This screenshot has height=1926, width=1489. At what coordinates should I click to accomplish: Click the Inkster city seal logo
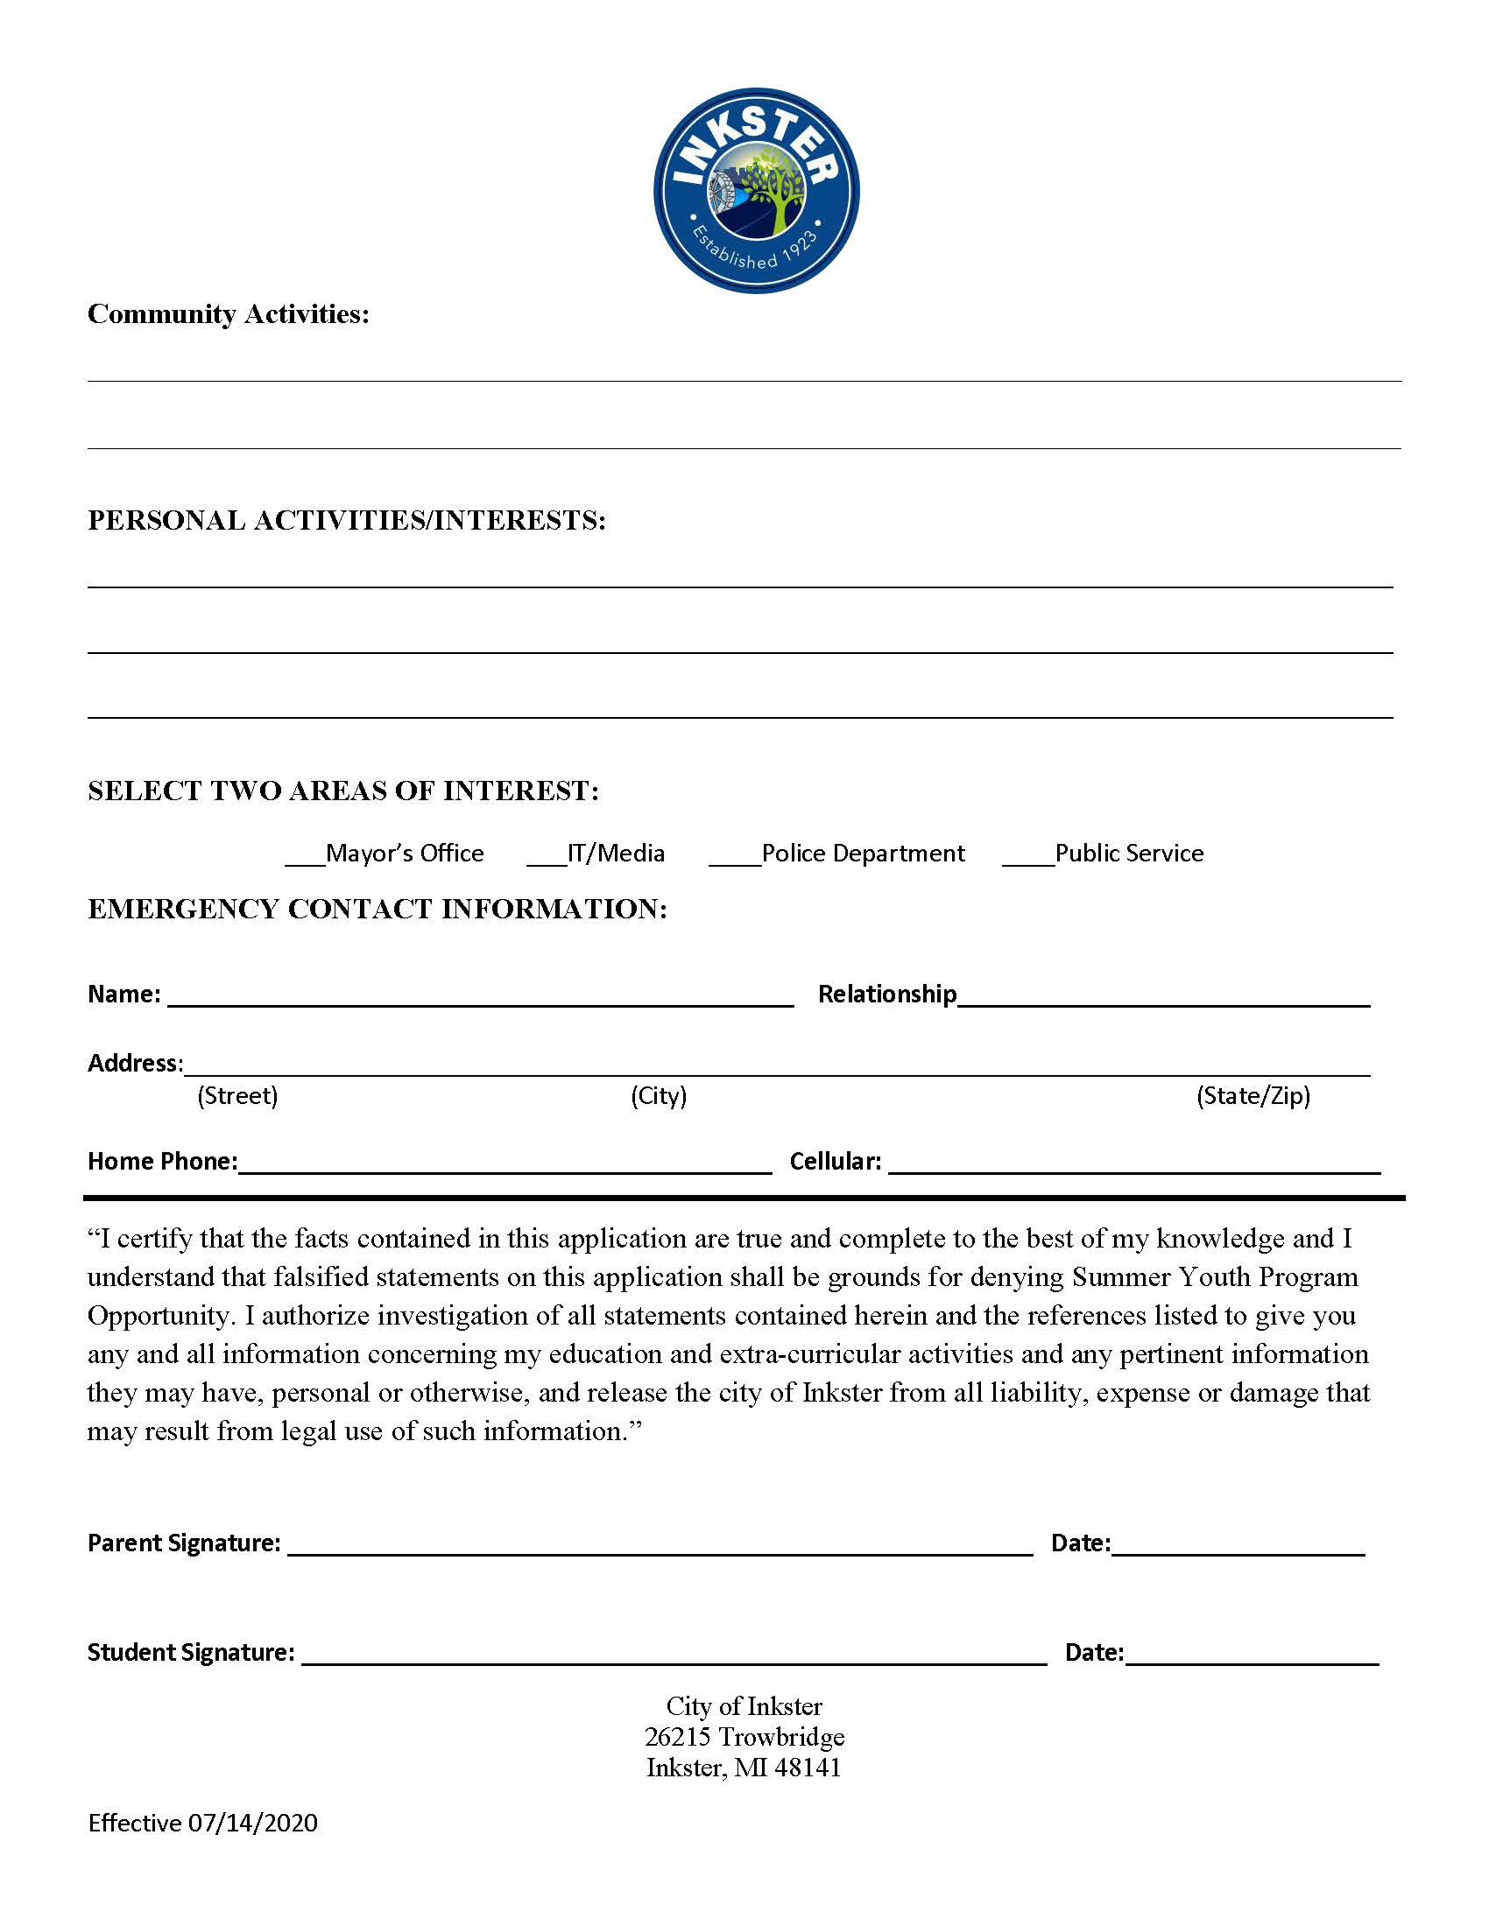coord(756,191)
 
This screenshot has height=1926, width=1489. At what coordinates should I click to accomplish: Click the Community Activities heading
coord(229,314)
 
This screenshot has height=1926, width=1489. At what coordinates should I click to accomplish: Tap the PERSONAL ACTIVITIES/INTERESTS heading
coord(347,520)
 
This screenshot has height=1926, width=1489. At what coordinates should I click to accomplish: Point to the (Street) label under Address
coord(237,1095)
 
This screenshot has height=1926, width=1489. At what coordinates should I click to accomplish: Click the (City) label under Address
coord(658,1095)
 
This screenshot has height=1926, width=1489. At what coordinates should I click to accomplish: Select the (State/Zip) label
coord(1253,1095)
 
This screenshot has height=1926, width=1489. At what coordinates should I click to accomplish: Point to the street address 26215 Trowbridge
coord(744,1736)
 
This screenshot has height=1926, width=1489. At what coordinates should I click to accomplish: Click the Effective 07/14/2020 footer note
coord(203,1823)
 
